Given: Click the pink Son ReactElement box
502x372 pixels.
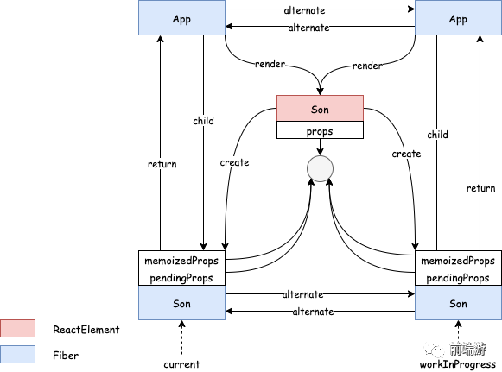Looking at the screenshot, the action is click(x=320, y=108).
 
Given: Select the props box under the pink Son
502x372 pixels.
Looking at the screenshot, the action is click(x=320, y=129).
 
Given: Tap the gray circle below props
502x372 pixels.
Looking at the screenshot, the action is click(x=320, y=168).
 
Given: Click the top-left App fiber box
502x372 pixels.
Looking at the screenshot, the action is click(x=181, y=17).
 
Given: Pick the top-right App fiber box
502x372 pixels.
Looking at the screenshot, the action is click(x=458, y=17).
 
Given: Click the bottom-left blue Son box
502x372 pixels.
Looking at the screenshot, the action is click(x=181, y=303).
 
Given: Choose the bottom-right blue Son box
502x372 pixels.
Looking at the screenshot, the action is click(x=458, y=303).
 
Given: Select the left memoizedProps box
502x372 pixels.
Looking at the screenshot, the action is click(x=181, y=260).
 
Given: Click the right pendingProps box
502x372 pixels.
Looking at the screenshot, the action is click(x=458, y=277).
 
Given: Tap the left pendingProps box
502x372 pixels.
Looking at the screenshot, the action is click(x=181, y=277).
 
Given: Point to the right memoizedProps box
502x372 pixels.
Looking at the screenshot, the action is click(x=458, y=260).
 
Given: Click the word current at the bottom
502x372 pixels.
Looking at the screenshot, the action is click(x=181, y=364).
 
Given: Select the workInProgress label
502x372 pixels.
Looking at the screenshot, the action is click(x=458, y=364).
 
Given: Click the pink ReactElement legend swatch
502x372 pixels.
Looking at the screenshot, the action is click(x=17, y=328).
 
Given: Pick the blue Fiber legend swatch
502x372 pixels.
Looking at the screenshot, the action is click(x=17, y=354).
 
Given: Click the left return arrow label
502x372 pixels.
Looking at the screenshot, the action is click(x=162, y=164).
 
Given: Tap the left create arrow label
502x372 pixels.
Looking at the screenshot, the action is click(x=234, y=162).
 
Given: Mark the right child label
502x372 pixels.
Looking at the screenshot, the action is click(x=437, y=135).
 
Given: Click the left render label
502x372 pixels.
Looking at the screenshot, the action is click(x=270, y=64).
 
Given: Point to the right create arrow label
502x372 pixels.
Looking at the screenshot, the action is click(x=406, y=154).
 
